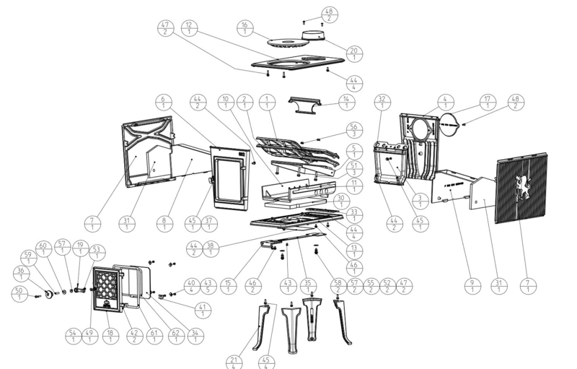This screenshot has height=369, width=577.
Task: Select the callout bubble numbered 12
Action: point(188,27)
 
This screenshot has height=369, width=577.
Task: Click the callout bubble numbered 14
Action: point(347,102)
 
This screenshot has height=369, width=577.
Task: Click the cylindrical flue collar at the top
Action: point(313,35)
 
